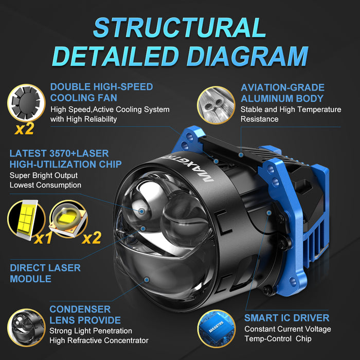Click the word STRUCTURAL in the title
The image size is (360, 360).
coord(179,28)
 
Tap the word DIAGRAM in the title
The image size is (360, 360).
coord(247,56)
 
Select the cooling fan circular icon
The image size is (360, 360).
coord(26,103)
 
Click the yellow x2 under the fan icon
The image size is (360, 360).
coord(24,129)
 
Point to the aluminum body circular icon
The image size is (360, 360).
coord(216,105)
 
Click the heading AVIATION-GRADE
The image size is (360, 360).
coord(283,87)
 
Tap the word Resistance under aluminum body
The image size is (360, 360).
coord(259,119)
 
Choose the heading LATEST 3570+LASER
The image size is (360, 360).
coord(59,153)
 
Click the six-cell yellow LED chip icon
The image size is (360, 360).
coord(26,220)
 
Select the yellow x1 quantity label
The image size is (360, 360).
coord(43,238)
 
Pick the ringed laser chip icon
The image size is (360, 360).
coord(68,219)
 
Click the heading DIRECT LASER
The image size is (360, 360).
coord(45,268)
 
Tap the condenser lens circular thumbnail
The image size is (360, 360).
coord(26,328)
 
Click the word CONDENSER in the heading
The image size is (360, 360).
coord(80,309)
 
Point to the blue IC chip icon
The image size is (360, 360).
coord(216,329)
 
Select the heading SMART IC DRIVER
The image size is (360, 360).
coord(287,318)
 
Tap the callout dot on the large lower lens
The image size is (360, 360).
coord(147,280)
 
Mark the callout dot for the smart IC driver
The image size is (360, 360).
coord(269,213)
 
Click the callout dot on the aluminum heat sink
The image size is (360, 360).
coord(241,155)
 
